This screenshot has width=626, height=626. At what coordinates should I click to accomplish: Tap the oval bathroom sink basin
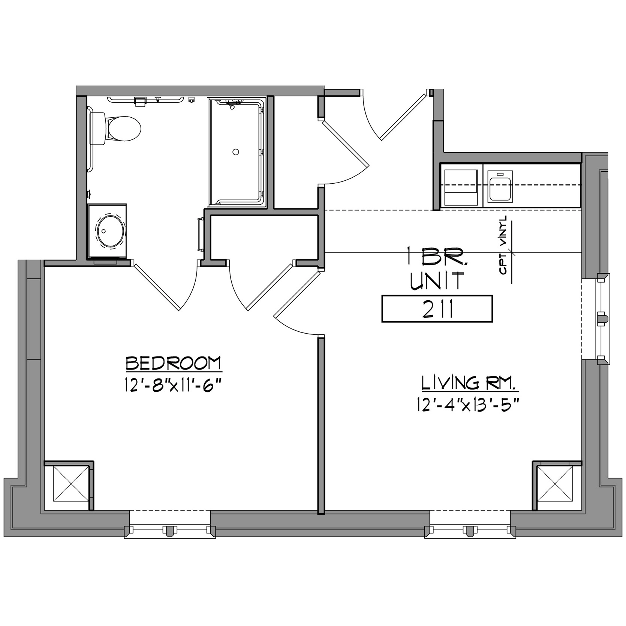point(111,231)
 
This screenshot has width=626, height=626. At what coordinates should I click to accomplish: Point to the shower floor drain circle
point(236,152)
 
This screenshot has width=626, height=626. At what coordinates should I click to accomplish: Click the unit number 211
point(437,309)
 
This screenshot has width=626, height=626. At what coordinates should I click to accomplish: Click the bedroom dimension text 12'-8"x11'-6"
point(171,385)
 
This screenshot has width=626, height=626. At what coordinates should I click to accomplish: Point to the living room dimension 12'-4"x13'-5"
point(468,405)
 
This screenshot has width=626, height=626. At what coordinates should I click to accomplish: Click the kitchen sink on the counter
point(500,186)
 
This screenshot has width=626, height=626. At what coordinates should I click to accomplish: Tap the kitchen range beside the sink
point(461,187)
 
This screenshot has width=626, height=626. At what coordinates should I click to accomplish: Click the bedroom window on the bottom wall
point(170,524)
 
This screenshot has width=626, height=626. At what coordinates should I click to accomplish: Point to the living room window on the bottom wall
point(470,524)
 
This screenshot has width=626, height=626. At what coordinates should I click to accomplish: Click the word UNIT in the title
point(437,281)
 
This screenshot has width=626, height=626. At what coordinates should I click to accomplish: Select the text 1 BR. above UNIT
point(437,256)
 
